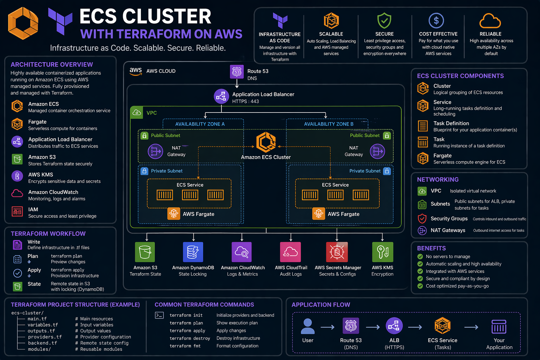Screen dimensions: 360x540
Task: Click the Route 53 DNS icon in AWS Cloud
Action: [x=237, y=72]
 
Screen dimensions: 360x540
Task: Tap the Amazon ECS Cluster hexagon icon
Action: [x=266, y=142]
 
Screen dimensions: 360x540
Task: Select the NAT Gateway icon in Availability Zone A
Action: [x=155, y=152]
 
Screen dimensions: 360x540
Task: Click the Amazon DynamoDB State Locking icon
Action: [x=193, y=252]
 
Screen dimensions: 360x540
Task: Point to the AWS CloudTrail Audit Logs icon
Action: [x=290, y=252]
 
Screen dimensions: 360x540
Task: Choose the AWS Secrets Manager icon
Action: [x=337, y=252]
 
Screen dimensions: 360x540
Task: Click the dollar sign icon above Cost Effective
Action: [x=436, y=21]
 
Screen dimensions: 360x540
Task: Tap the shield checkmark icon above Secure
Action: [x=384, y=21]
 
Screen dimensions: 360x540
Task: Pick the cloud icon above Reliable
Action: [x=490, y=21]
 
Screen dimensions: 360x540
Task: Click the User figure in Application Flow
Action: [x=308, y=326]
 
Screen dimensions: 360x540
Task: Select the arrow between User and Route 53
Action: [x=327, y=327]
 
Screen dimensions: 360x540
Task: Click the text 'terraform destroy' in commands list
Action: [x=189, y=338]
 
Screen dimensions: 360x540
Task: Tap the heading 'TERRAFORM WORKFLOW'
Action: [x=48, y=234]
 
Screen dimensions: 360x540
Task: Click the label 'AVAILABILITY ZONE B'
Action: [x=329, y=124]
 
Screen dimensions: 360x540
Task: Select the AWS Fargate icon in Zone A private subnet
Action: [x=174, y=213]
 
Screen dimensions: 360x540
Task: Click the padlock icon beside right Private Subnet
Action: [x=387, y=171]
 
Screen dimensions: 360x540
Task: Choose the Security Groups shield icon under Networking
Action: [x=422, y=219]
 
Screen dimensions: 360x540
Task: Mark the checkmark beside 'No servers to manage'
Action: [x=420, y=257]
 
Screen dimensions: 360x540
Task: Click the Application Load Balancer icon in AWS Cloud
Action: [x=221, y=96]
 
